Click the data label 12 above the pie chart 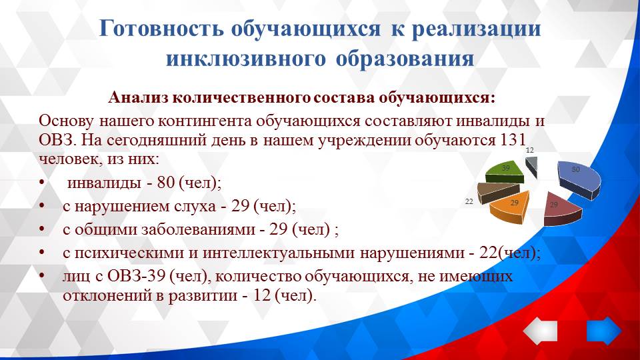[x=530, y=151]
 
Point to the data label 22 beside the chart [x=469, y=201]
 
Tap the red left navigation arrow [x=540, y=331]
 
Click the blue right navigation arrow [x=603, y=331]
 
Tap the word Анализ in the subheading [x=137, y=97]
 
